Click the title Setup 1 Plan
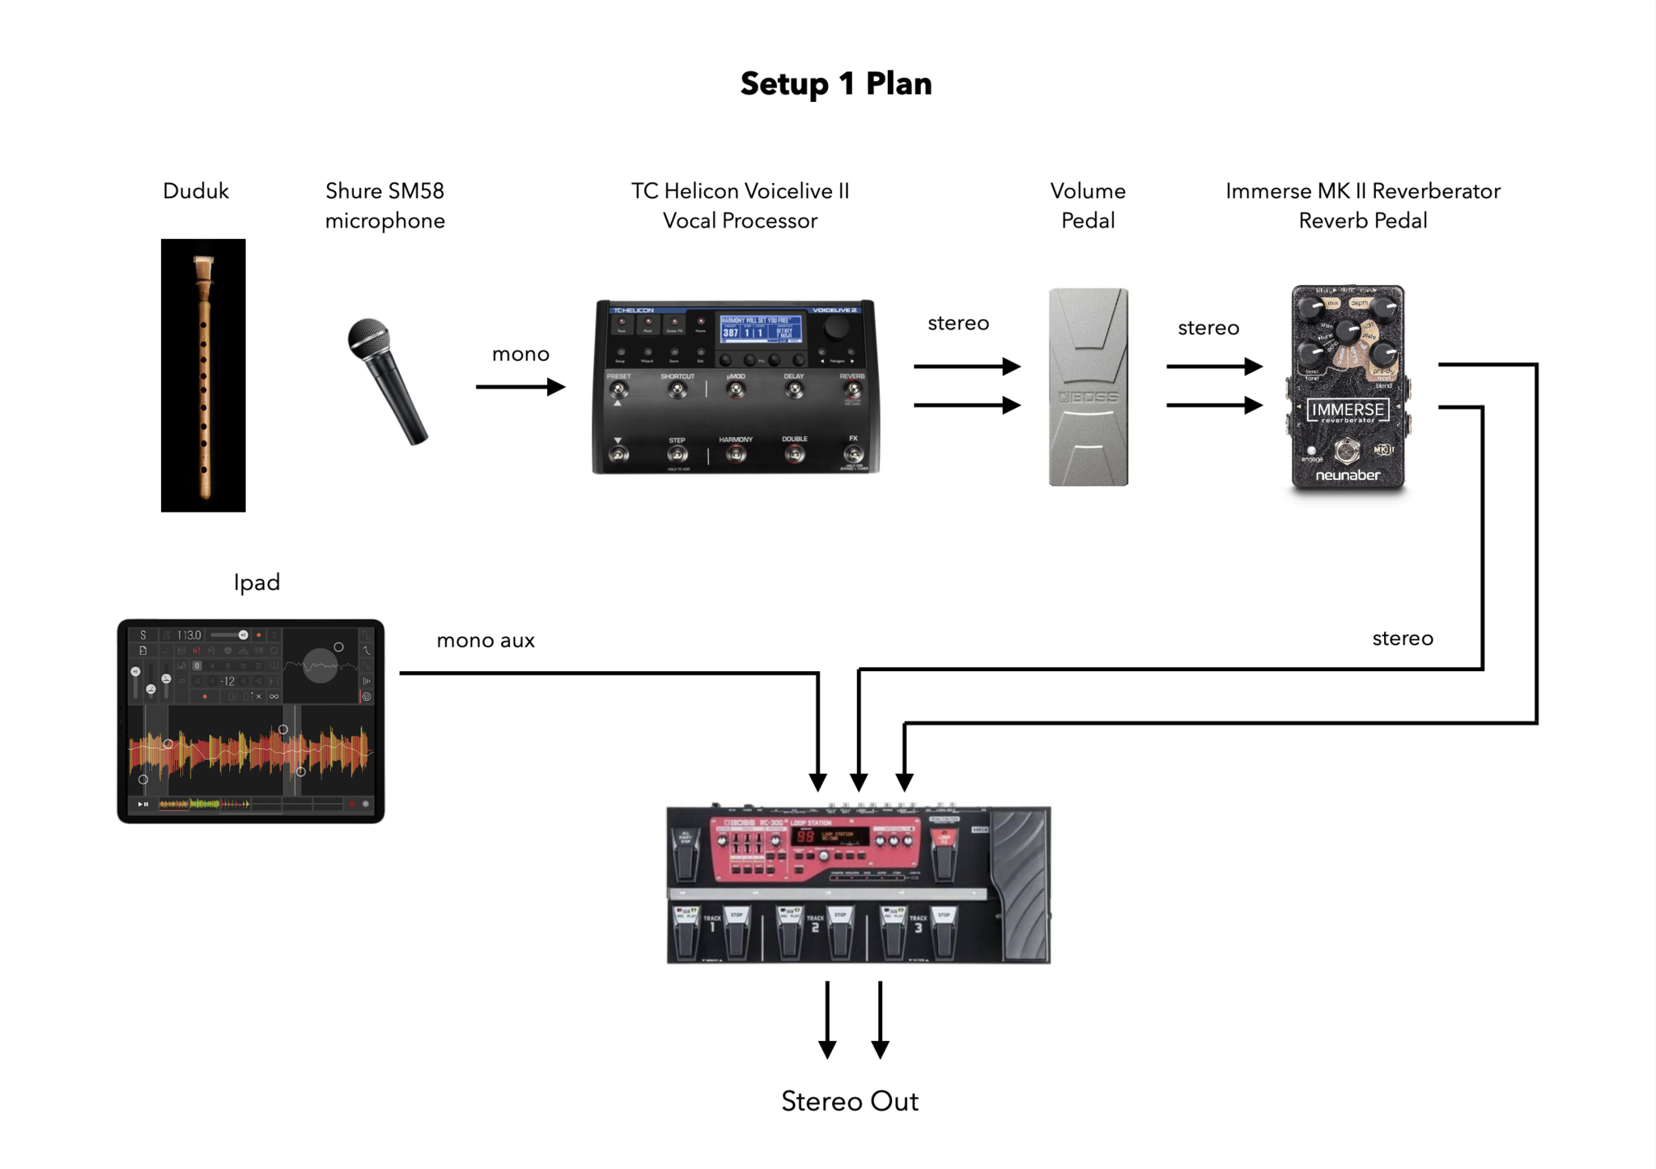[x=835, y=84]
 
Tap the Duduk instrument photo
[x=203, y=375]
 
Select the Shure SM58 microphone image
[x=386, y=380]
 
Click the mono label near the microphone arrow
[x=520, y=354]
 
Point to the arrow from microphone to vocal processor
[x=520, y=387]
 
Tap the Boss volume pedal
[x=1088, y=387]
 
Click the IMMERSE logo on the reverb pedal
[x=1348, y=410]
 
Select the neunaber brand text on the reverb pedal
[x=1348, y=475]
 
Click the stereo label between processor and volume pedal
[x=958, y=323]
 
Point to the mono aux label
[x=486, y=640]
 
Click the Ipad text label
[x=257, y=582]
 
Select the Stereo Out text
[x=849, y=1101]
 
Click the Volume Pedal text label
[x=1088, y=206]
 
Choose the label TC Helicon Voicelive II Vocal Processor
[x=740, y=206]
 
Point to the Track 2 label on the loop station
[x=814, y=924]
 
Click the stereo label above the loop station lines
[x=1402, y=638]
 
